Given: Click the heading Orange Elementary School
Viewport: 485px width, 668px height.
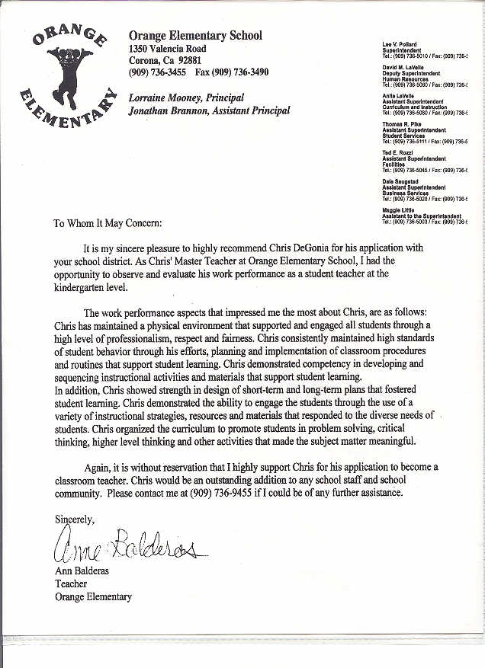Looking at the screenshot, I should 195,36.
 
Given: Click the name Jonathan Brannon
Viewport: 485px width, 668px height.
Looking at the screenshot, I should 166,110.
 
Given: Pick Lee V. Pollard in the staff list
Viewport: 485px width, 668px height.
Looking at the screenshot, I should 400,44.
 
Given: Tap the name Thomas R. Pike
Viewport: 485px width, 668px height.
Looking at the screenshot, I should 402,124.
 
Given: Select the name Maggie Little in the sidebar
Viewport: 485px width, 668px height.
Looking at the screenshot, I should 397,209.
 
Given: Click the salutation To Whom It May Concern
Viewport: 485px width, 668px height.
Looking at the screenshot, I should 108,225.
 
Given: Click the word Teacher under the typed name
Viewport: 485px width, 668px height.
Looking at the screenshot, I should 71,584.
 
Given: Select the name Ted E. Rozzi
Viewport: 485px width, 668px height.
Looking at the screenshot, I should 397,152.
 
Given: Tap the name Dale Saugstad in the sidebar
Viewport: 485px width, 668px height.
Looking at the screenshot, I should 401,181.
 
